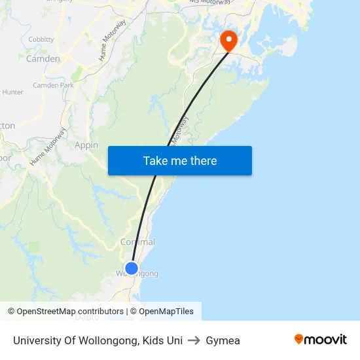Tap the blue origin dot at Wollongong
click(x=132, y=268)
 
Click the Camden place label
click(x=43, y=59)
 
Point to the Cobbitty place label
click(x=41, y=39)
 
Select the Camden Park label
click(x=53, y=85)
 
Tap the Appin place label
click(x=86, y=145)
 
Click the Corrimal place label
click(x=137, y=242)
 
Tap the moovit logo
click(x=320, y=339)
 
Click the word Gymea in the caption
click(x=223, y=340)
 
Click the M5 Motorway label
click(x=210, y=2)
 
